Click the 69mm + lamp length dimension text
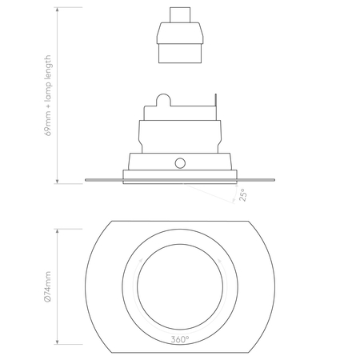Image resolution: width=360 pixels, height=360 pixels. (x=49, y=97)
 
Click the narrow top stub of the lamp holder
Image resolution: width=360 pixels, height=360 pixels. (x=181, y=15)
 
